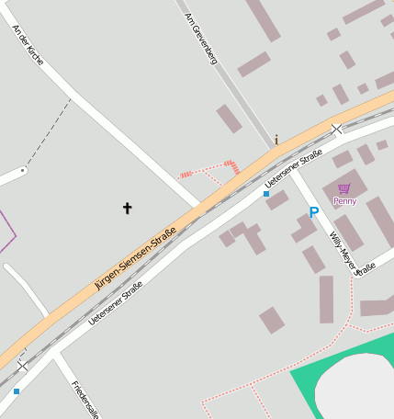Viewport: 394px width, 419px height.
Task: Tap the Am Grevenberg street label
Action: pyautogui.click(x=200, y=39)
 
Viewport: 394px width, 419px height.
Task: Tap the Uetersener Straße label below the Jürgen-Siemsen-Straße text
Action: pyautogui.click(x=116, y=303)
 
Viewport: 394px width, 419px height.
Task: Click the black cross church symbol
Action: pyautogui.click(x=127, y=209)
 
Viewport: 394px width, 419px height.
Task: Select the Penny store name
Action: pyautogui.click(x=345, y=200)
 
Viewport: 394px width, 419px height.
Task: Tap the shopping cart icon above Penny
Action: pyautogui.click(x=344, y=188)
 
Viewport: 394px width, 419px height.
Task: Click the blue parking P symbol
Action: pyautogui.click(x=313, y=213)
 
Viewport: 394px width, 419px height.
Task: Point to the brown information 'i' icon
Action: pyautogui.click(x=276, y=141)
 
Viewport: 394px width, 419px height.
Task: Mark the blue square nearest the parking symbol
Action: pyautogui.click(x=266, y=194)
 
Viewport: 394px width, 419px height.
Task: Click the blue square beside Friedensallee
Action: pyautogui.click(x=16, y=391)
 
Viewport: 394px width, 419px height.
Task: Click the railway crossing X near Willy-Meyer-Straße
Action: pyautogui.click(x=337, y=130)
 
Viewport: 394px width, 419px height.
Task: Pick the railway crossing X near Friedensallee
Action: pyautogui.click(x=22, y=366)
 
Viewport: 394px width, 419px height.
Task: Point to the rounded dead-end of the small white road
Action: pyautogui.click(x=23, y=170)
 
